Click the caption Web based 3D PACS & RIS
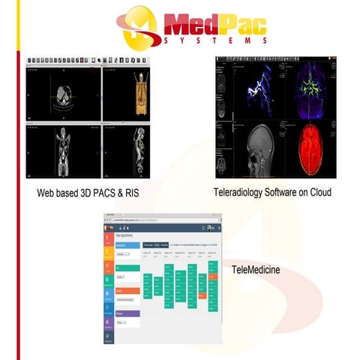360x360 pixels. (x=88, y=193)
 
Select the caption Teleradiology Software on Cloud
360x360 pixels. (x=272, y=193)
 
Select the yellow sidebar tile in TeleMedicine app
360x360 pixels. (x=109, y=262)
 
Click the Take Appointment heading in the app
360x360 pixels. (x=129, y=235)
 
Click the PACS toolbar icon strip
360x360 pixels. (x=82, y=59)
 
